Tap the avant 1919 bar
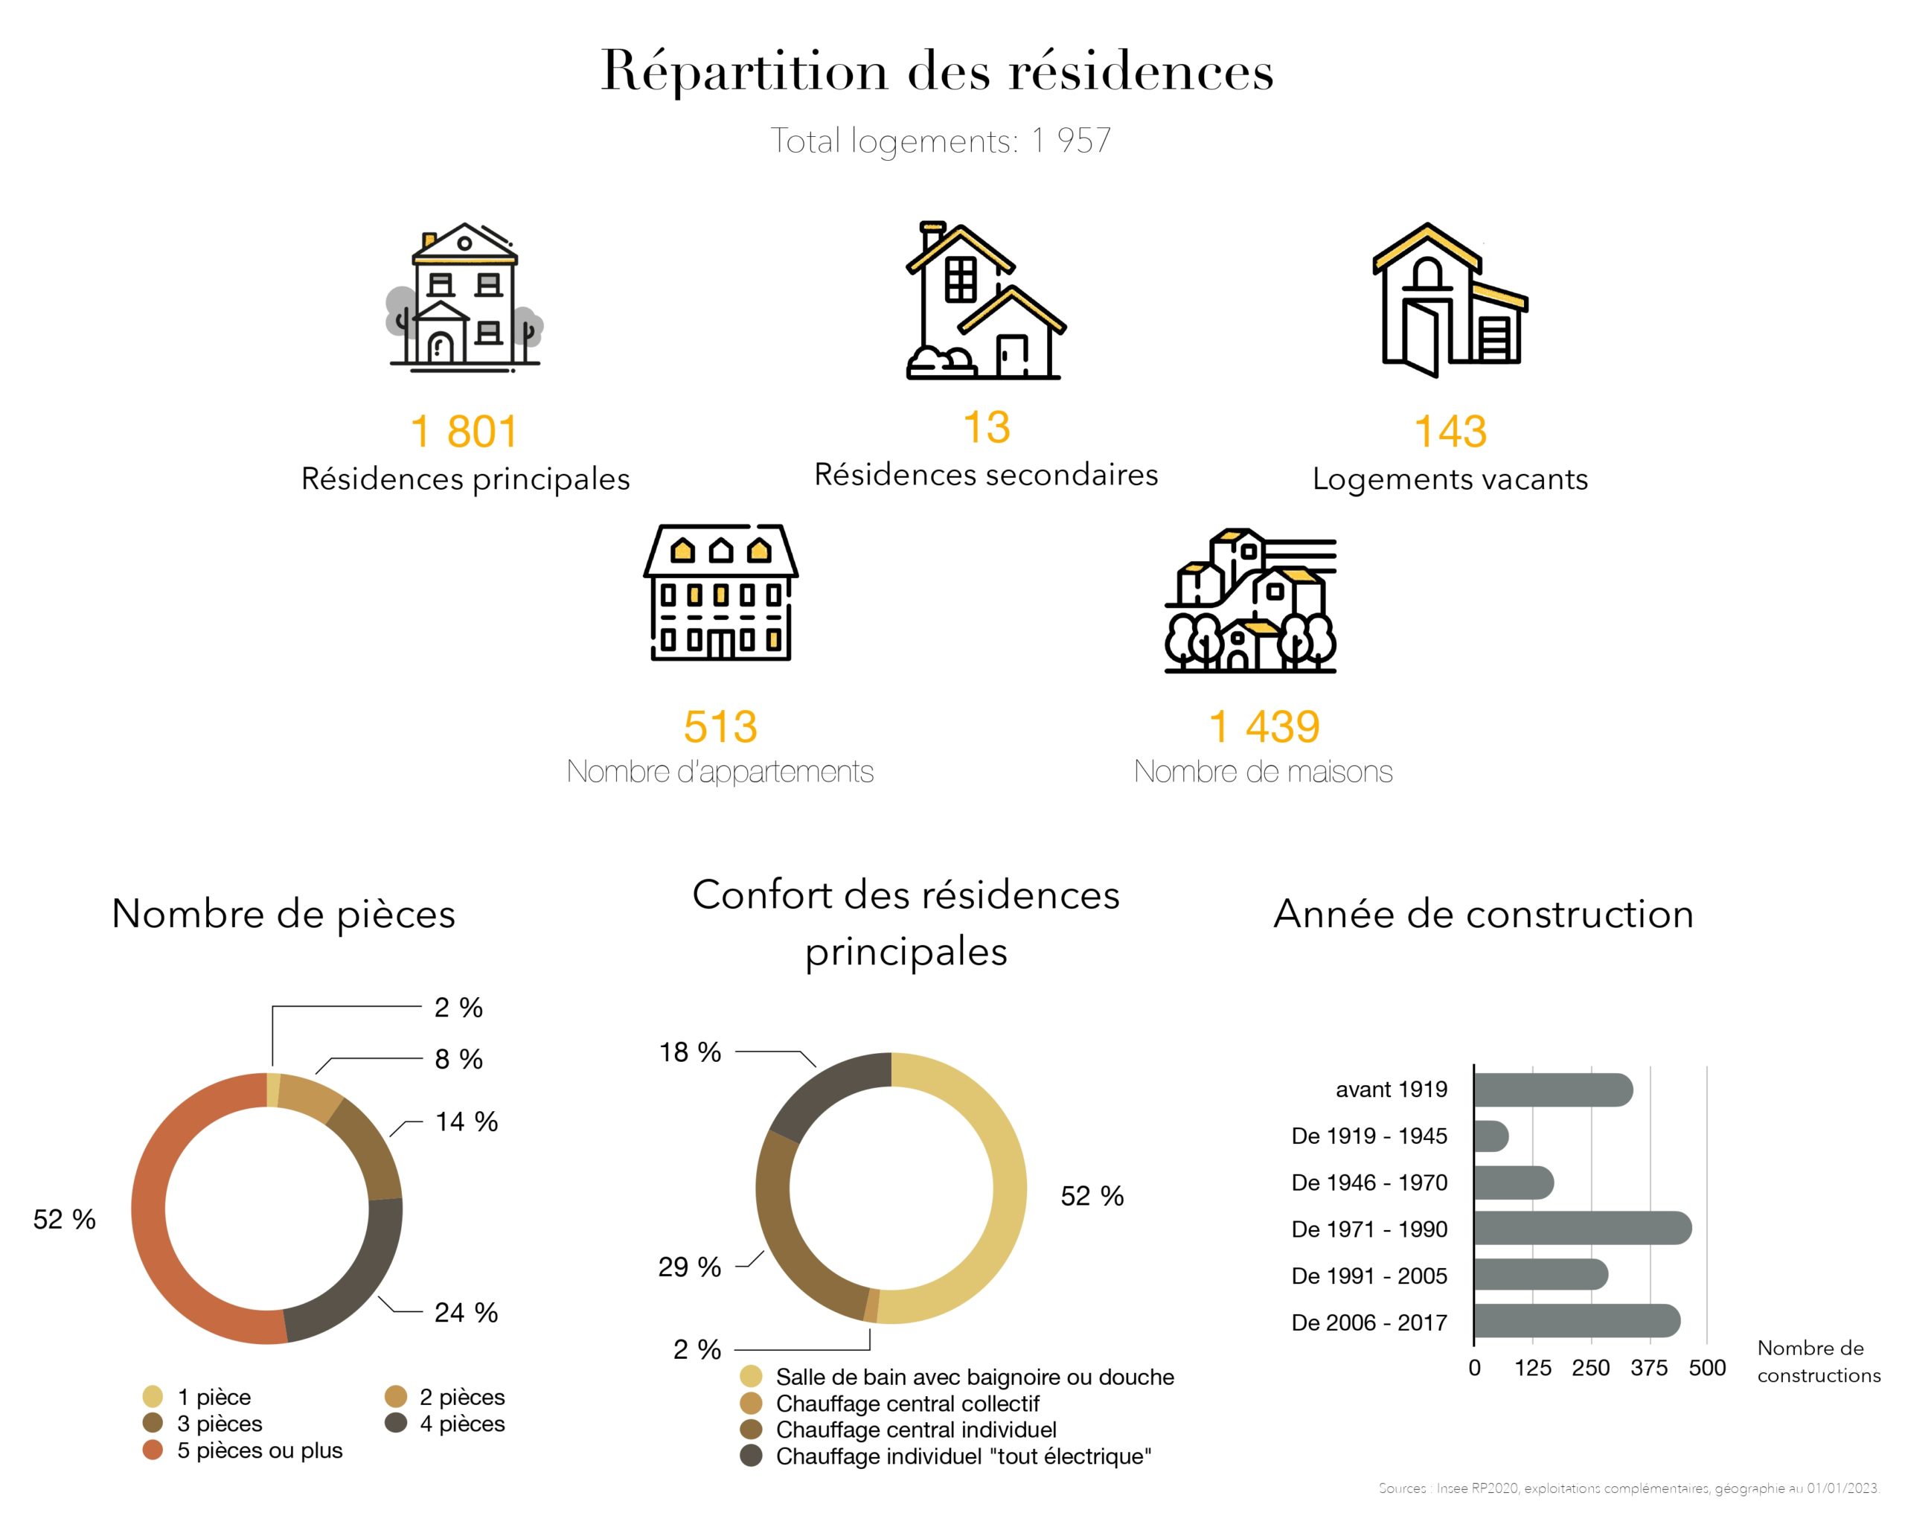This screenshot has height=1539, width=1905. pyautogui.click(x=1552, y=1090)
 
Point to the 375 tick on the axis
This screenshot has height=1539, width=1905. pyautogui.click(x=1648, y=1368)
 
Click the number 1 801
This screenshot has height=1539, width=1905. pyautogui.click(x=464, y=432)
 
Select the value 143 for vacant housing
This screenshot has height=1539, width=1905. pyautogui.click(x=1450, y=432)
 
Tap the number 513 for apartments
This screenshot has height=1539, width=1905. pyautogui.click(x=720, y=727)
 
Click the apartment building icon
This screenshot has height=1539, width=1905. pyautogui.click(x=720, y=592)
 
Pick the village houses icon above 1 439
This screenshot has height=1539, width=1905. pyautogui.click(x=1250, y=601)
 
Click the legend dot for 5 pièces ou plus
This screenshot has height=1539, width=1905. pyautogui.click(x=153, y=1450)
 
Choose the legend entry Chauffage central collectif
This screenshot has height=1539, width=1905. pyautogui.click(x=907, y=1404)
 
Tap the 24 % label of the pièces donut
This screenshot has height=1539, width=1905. pyautogui.click(x=465, y=1312)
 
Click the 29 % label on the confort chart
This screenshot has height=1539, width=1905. pyautogui.click(x=689, y=1267)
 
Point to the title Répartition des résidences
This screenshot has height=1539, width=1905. pyautogui.click(x=937, y=71)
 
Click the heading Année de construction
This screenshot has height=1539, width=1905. pyautogui.click(x=1483, y=914)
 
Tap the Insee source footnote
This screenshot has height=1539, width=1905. pyautogui.click(x=1627, y=1488)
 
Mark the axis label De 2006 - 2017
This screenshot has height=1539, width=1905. pyautogui.click(x=1368, y=1322)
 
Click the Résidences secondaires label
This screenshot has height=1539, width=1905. pyautogui.click(x=986, y=476)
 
